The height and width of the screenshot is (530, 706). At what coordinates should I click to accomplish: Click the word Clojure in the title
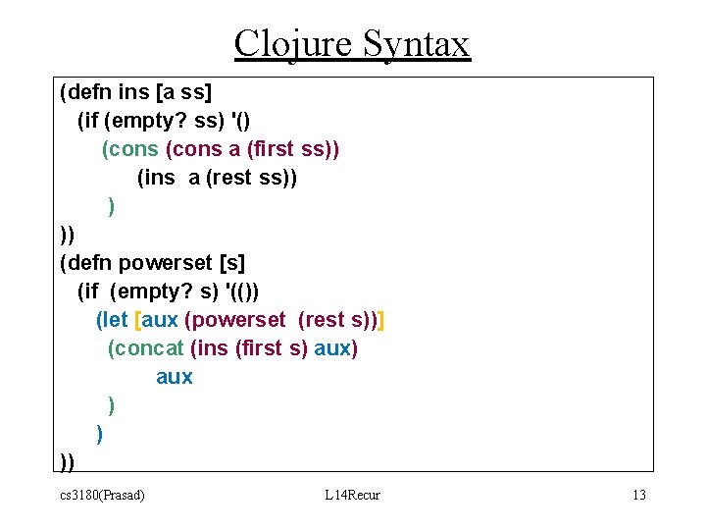tap(293, 44)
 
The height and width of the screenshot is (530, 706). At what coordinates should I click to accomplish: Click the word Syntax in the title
tap(416, 44)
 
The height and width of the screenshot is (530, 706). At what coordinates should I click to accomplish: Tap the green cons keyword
tap(131, 149)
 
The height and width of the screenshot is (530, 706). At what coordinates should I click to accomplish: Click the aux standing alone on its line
tap(175, 377)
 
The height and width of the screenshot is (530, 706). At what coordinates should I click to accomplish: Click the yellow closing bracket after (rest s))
tap(380, 320)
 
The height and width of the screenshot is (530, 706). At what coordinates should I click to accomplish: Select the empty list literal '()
tap(238, 122)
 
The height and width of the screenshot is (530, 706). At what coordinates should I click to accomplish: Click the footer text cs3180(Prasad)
tap(102, 495)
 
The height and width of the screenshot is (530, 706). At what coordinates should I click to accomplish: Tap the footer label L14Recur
tap(352, 495)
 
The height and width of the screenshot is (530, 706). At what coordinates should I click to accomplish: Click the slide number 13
tap(638, 495)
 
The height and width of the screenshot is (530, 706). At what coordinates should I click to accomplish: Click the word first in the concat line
tap(257, 348)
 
